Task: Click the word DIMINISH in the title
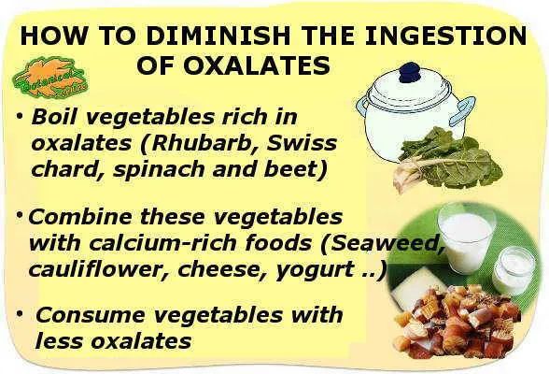click(x=218, y=36)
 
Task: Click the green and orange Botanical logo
click(x=49, y=77)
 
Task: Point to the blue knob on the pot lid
click(x=410, y=73)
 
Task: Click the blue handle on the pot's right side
click(x=463, y=110)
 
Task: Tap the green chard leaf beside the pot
click(x=449, y=160)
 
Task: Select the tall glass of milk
click(x=466, y=238)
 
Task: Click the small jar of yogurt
click(x=514, y=270)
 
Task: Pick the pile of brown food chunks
click(x=456, y=321)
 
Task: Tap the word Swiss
click(x=302, y=143)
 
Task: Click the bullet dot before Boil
click(x=20, y=115)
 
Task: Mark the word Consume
click(x=91, y=314)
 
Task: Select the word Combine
click(x=81, y=217)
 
